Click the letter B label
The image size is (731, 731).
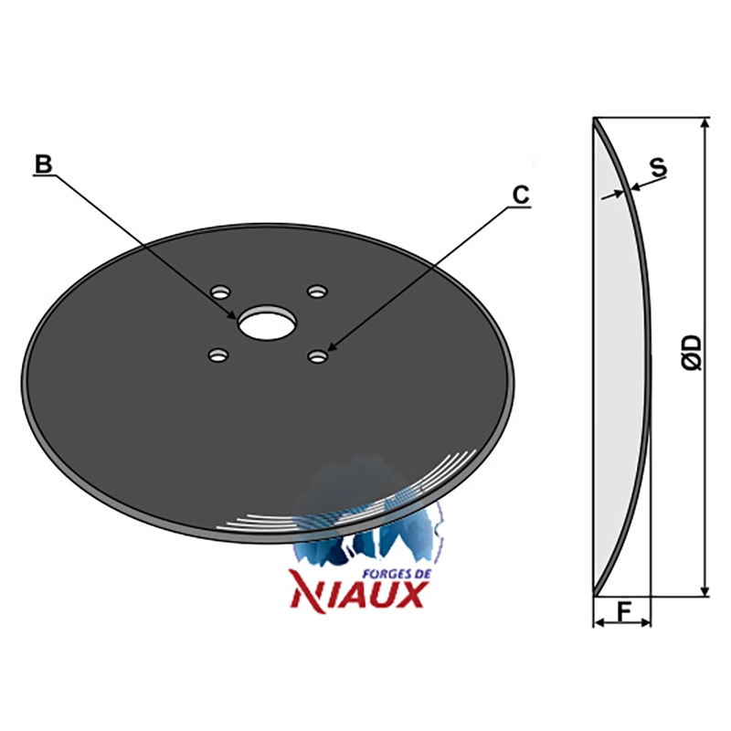tap(43, 164)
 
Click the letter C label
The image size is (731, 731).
tap(520, 195)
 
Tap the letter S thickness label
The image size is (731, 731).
tap(659, 167)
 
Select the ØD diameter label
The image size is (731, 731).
tap(694, 353)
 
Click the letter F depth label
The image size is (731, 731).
tap(623, 611)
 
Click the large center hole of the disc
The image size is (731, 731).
tap(267, 323)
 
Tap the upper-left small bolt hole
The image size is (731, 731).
tap(220, 292)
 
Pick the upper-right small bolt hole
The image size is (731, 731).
tap(317, 291)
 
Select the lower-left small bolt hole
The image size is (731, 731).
tap(217, 355)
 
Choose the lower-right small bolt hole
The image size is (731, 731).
tap(318, 356)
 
